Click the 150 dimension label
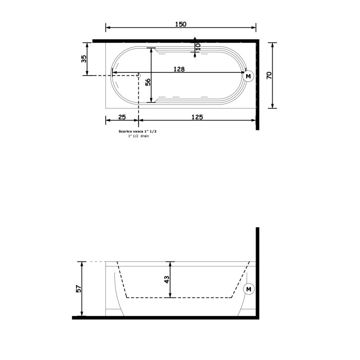coord(181,24)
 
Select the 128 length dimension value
coord(179,69)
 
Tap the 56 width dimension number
coord(148,82)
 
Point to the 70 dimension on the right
coord(269,75)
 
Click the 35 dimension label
coord(84,59)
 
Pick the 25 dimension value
coord(122,117)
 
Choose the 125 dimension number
coord(197,117)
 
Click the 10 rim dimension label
coord(198,47)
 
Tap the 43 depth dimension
coord(166,279)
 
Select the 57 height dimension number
coord(78,288)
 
